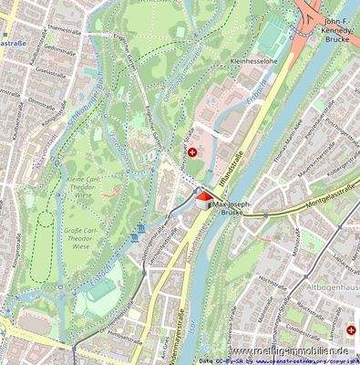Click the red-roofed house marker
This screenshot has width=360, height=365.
pos(201,196)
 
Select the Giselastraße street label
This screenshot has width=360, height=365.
pos(50,74)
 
